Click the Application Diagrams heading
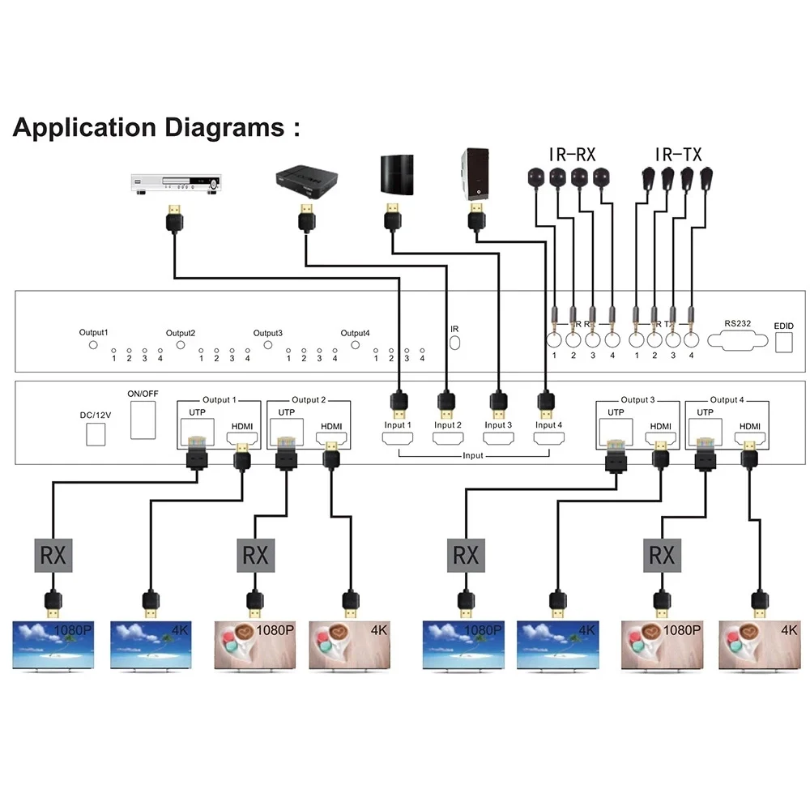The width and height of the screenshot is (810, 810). click(156, 128)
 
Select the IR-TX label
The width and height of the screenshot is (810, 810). click(678, 152)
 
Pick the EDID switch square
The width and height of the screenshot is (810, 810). click(784, 343)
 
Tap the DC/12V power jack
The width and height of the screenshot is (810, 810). click(96, 434)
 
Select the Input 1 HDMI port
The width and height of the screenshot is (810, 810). click(398, 440)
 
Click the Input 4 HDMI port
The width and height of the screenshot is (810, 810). click(548, 440)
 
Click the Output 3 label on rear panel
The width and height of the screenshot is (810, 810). click(637, 400)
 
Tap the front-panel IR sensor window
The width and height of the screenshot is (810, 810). click(454, 343)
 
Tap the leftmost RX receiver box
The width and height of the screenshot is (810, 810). click(53, 556)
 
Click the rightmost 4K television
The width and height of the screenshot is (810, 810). click(760, 645)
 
